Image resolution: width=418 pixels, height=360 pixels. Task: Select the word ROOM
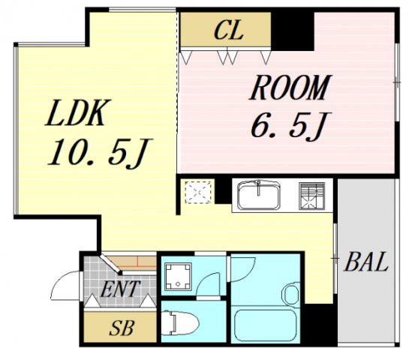(x=289, y=88)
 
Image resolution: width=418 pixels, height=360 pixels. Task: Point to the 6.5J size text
(x=289, y=124)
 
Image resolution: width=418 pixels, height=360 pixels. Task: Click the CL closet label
(x=224, y=31)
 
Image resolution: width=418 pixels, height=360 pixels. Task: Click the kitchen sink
(x=260, y=196)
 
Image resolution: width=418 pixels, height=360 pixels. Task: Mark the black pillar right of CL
(x=293, y=31)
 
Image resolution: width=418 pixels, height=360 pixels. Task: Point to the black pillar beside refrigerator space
(x=222, y=192)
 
